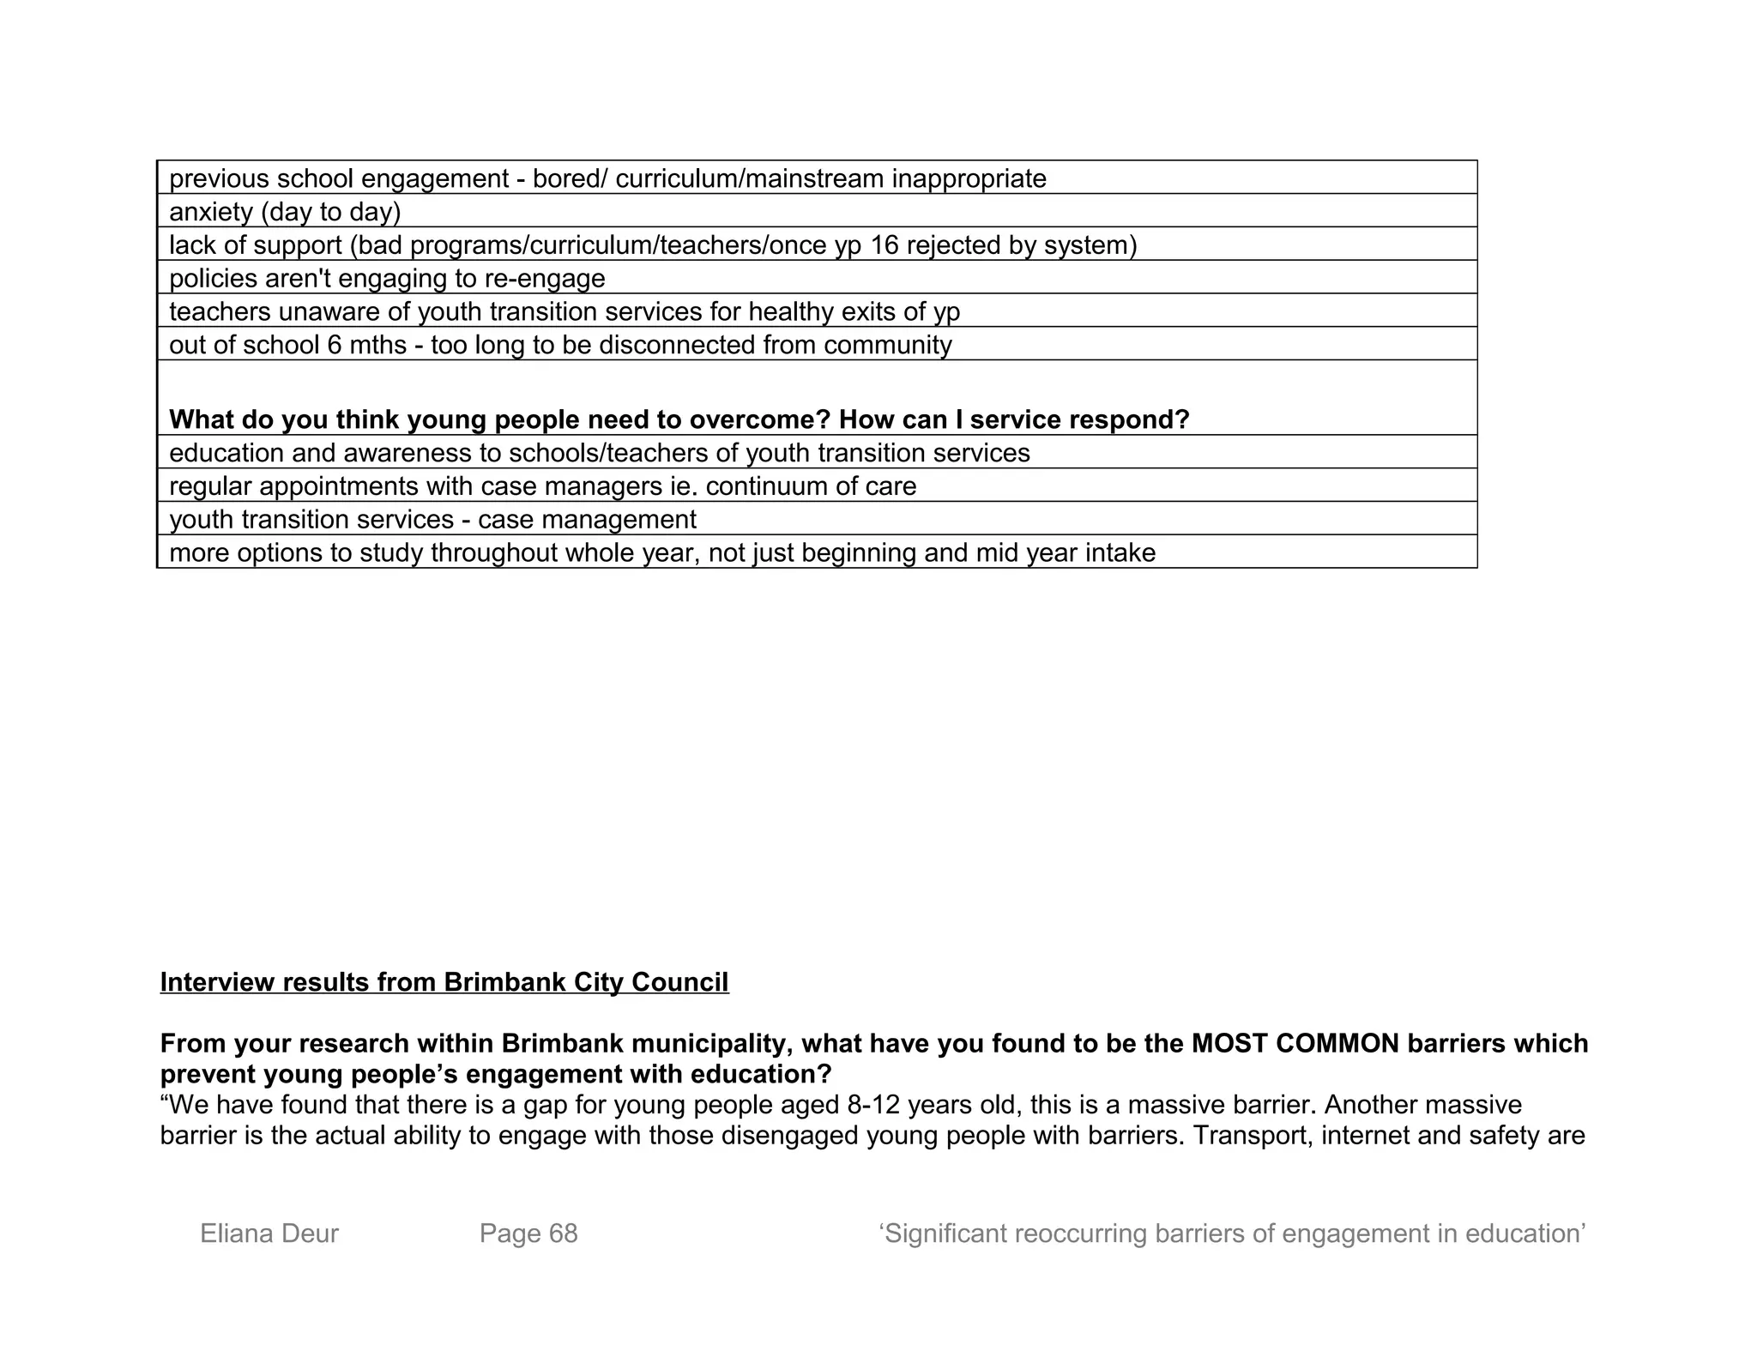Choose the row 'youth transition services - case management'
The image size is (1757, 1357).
tap(432, 520)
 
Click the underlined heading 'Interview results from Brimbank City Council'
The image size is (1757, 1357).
tap(444, 982)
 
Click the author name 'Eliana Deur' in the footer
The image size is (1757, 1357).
tap(269, 1233)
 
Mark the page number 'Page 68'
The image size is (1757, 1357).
tap(528, 1233)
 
